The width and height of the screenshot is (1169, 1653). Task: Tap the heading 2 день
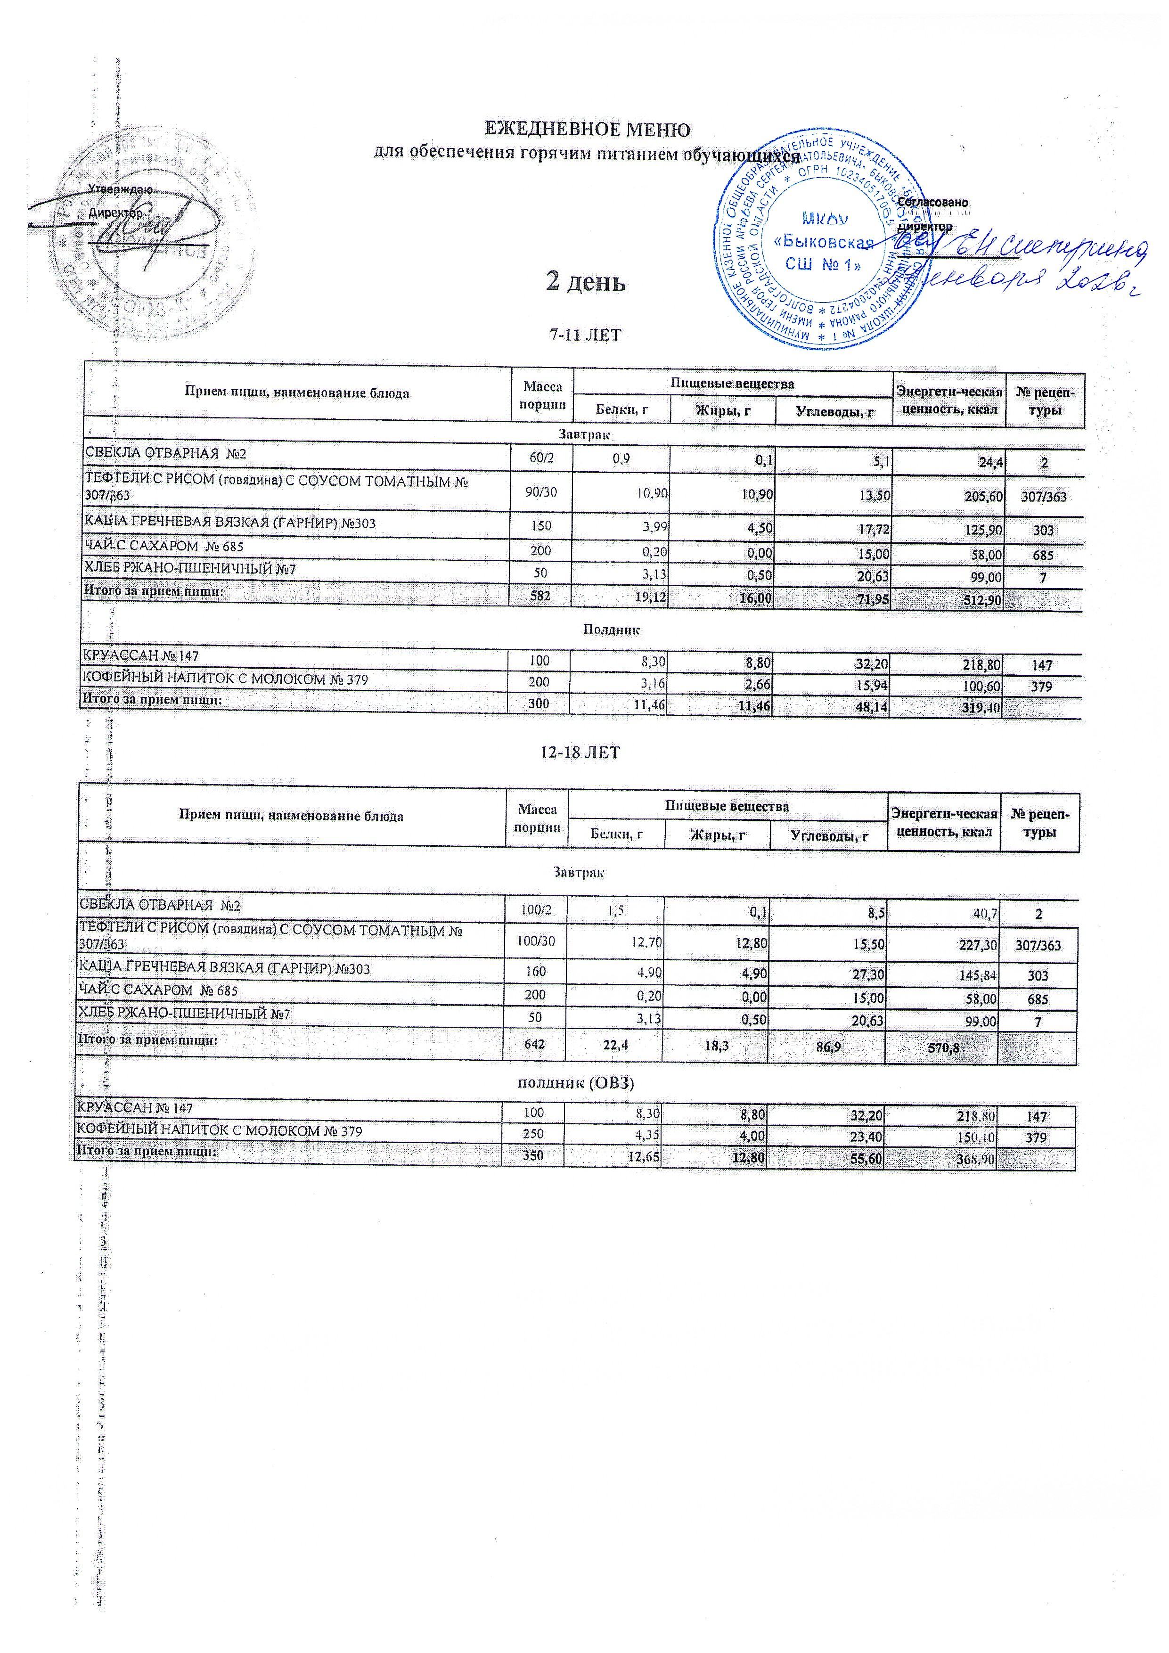tap(585, 281)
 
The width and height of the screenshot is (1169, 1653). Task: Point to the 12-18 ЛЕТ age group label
tap(580, 753)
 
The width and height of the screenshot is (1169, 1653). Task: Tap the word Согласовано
tap(932, 203)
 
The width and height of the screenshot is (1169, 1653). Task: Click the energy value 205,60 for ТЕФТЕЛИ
tap(980, 497)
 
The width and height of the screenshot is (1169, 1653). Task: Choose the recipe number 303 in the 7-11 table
tap(1043, 531)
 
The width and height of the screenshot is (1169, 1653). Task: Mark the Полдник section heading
tap(611, 629)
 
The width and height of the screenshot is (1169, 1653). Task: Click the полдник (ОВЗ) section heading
tap(577, 1083)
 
